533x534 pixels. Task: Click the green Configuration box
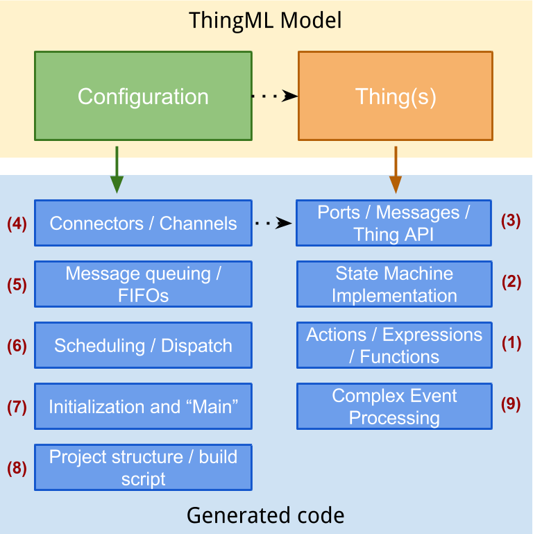click(143, 96)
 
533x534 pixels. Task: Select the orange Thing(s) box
click(395, 96)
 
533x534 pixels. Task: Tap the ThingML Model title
click(266, 20)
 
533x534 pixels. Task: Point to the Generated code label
click(266, 515)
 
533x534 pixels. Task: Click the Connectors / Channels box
click(143, 223)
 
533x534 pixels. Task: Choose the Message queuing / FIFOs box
click(143, 283)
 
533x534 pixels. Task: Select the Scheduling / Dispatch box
click(143, 345)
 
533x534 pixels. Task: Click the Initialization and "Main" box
click(143, 406)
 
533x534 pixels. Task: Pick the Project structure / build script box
click(143, 467)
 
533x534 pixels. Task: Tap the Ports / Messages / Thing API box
click(394, 223)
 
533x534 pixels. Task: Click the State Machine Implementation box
click(394, 283)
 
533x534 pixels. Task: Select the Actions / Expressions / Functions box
click(394, 345)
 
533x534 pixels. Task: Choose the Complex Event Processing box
click(394, 406)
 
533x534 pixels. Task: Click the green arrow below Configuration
click(117, 169)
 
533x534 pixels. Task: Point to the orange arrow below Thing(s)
click(395, 169)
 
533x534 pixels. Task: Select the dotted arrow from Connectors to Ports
click(273, 224)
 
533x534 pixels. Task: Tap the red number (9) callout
click(511, 404)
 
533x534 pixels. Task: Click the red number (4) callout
click(17, 224)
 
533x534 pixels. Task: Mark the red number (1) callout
click(511, 343)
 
